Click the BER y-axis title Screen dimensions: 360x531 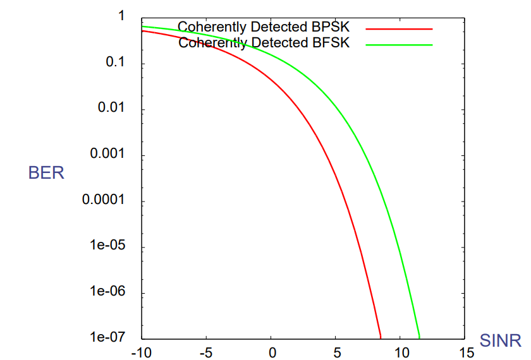coord(46,172)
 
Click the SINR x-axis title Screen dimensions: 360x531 coord(501,341)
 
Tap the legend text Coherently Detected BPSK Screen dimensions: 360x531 coord(263,27)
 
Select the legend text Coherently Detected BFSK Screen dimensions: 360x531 coord(264,43)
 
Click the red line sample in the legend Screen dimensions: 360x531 coord(399,29)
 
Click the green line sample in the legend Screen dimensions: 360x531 coord(399,45)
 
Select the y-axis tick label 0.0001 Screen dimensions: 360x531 coord(106,201)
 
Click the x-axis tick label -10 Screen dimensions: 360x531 coord(140,352)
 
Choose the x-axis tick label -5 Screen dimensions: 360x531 coord(206,352)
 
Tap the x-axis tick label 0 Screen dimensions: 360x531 coord(272,352)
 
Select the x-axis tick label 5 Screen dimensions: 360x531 coord(337,352)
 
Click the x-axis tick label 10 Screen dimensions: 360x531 coord(401,352)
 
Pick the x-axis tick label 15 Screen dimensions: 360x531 coord(466,352)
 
